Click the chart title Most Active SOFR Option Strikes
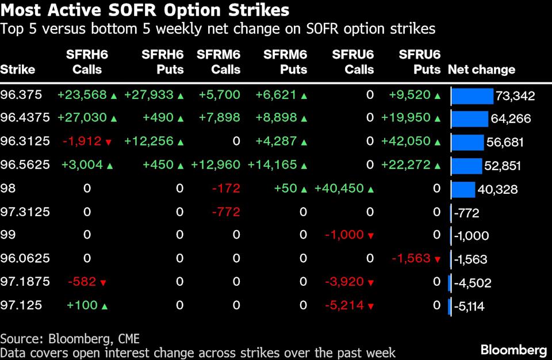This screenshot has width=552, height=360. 145,10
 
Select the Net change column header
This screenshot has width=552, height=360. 481,70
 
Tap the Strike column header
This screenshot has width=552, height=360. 18,70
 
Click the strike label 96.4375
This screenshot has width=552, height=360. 25,118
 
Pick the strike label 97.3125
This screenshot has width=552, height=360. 25,212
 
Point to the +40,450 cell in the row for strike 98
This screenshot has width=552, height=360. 340,188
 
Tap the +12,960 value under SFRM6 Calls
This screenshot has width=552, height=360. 216,165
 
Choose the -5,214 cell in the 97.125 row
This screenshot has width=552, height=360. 344,305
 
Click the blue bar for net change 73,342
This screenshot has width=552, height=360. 473,95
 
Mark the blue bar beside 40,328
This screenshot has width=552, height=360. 463,189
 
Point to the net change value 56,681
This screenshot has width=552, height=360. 504,143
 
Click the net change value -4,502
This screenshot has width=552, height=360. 472,283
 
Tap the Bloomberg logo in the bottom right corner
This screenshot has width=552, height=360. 513,350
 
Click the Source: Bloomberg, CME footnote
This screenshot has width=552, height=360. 70,338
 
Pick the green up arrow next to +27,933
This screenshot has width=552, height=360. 180,95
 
